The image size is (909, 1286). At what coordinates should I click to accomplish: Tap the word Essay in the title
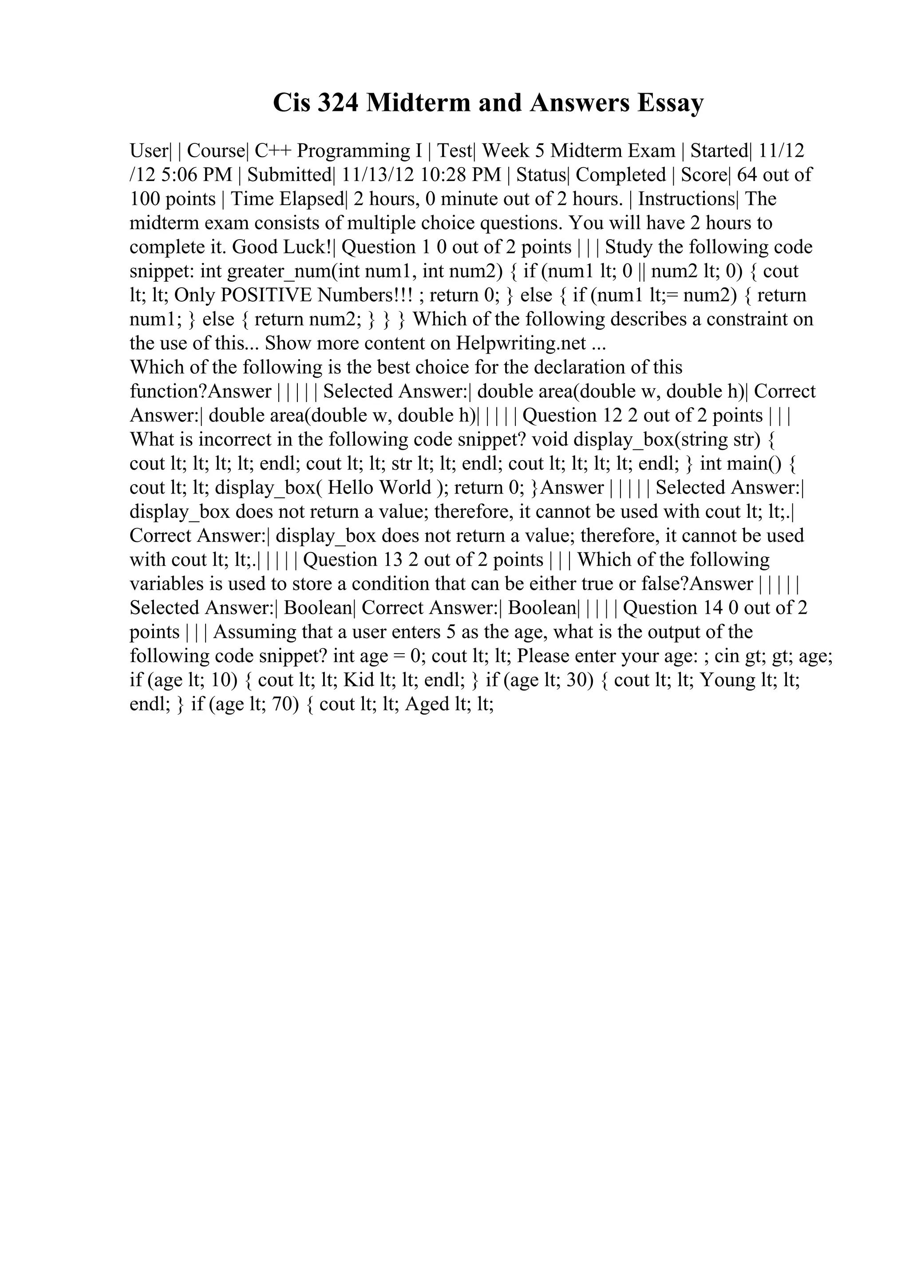(669, 103)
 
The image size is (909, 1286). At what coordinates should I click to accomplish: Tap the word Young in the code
(724, 680)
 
